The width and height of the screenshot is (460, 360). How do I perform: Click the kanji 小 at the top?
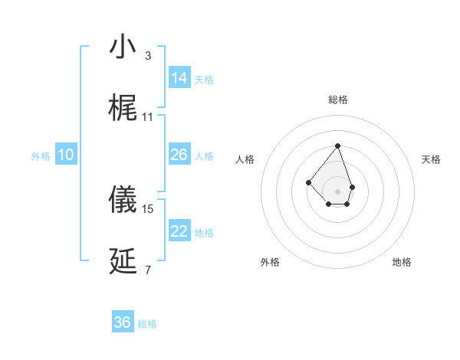tap(123, 47)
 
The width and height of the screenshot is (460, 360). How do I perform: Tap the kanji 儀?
tap(123, 199)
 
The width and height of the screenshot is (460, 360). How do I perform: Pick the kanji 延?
tap(123, 261)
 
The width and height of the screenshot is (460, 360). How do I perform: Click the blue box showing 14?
tap(179, 77)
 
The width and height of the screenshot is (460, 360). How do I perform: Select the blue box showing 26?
tap(179, 155)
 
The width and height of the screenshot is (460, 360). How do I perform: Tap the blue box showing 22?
tap(179, 231)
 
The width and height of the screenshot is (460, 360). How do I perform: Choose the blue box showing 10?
tap(66, 155)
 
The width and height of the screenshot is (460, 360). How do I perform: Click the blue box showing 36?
tap(123, 322)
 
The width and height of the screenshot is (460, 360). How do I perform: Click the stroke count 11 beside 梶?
tap(148, 117)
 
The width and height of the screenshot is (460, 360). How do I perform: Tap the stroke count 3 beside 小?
tap(148, 56)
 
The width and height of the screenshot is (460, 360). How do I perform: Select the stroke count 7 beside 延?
tap(148, 270)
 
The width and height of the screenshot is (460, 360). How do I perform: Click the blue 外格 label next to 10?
tap(41, 155)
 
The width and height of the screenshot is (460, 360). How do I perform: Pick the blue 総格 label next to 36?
tap(147, 324)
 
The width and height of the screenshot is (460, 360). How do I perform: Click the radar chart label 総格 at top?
tap(337, 100)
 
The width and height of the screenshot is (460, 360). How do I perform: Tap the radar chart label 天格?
tap(431, 159)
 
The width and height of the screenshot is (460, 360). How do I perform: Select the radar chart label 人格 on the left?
tap(245, 159)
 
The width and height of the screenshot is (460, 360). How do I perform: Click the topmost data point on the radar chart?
tap(337, 146)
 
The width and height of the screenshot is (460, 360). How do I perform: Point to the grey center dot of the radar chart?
tap(337, 191)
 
